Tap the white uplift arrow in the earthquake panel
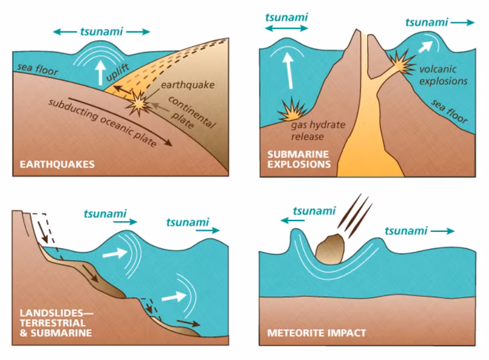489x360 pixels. click(x=100, y=71)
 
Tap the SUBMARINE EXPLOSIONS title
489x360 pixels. click(x=298, y=158)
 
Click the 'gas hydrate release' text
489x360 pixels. click(x=318, y=130)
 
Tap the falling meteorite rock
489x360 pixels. click(x=331, y=248)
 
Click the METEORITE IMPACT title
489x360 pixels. click(x=316, y=333)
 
